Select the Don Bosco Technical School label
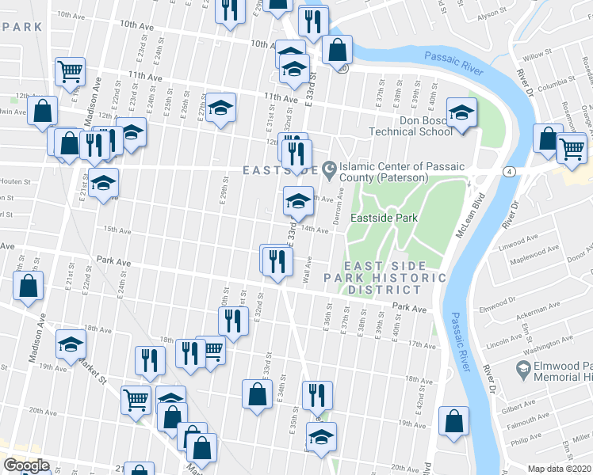(x=415, y=125)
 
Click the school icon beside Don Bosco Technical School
(x=461, y=112)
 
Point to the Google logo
(x=26, y=465)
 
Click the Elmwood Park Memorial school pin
(x=523, y=368)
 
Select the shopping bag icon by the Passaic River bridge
(x=337, y=50)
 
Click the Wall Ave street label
(x=307, y=271)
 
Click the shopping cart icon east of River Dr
(x=571, y=147)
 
